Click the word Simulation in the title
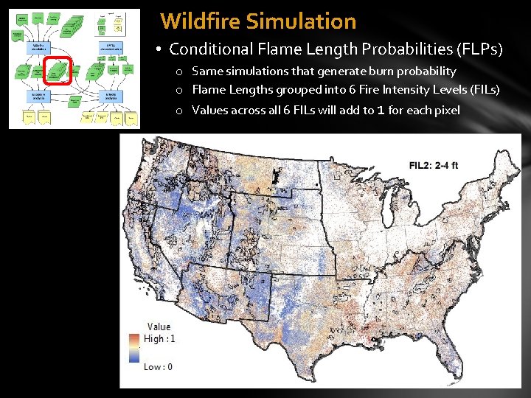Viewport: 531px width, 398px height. (x=301, y=21)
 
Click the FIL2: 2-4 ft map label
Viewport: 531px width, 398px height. (x=434, y=165)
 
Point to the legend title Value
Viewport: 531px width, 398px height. (x=159, y=327)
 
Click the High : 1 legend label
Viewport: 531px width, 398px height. (x=159, y=338)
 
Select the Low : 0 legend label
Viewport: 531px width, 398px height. (x=158, y=366)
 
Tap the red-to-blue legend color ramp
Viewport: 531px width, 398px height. (x=135, y=348)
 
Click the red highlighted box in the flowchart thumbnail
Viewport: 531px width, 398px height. (x=58, y=71)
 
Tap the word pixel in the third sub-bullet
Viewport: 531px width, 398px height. (x=445, y=110)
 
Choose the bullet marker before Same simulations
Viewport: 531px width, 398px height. (x=180, y=72)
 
